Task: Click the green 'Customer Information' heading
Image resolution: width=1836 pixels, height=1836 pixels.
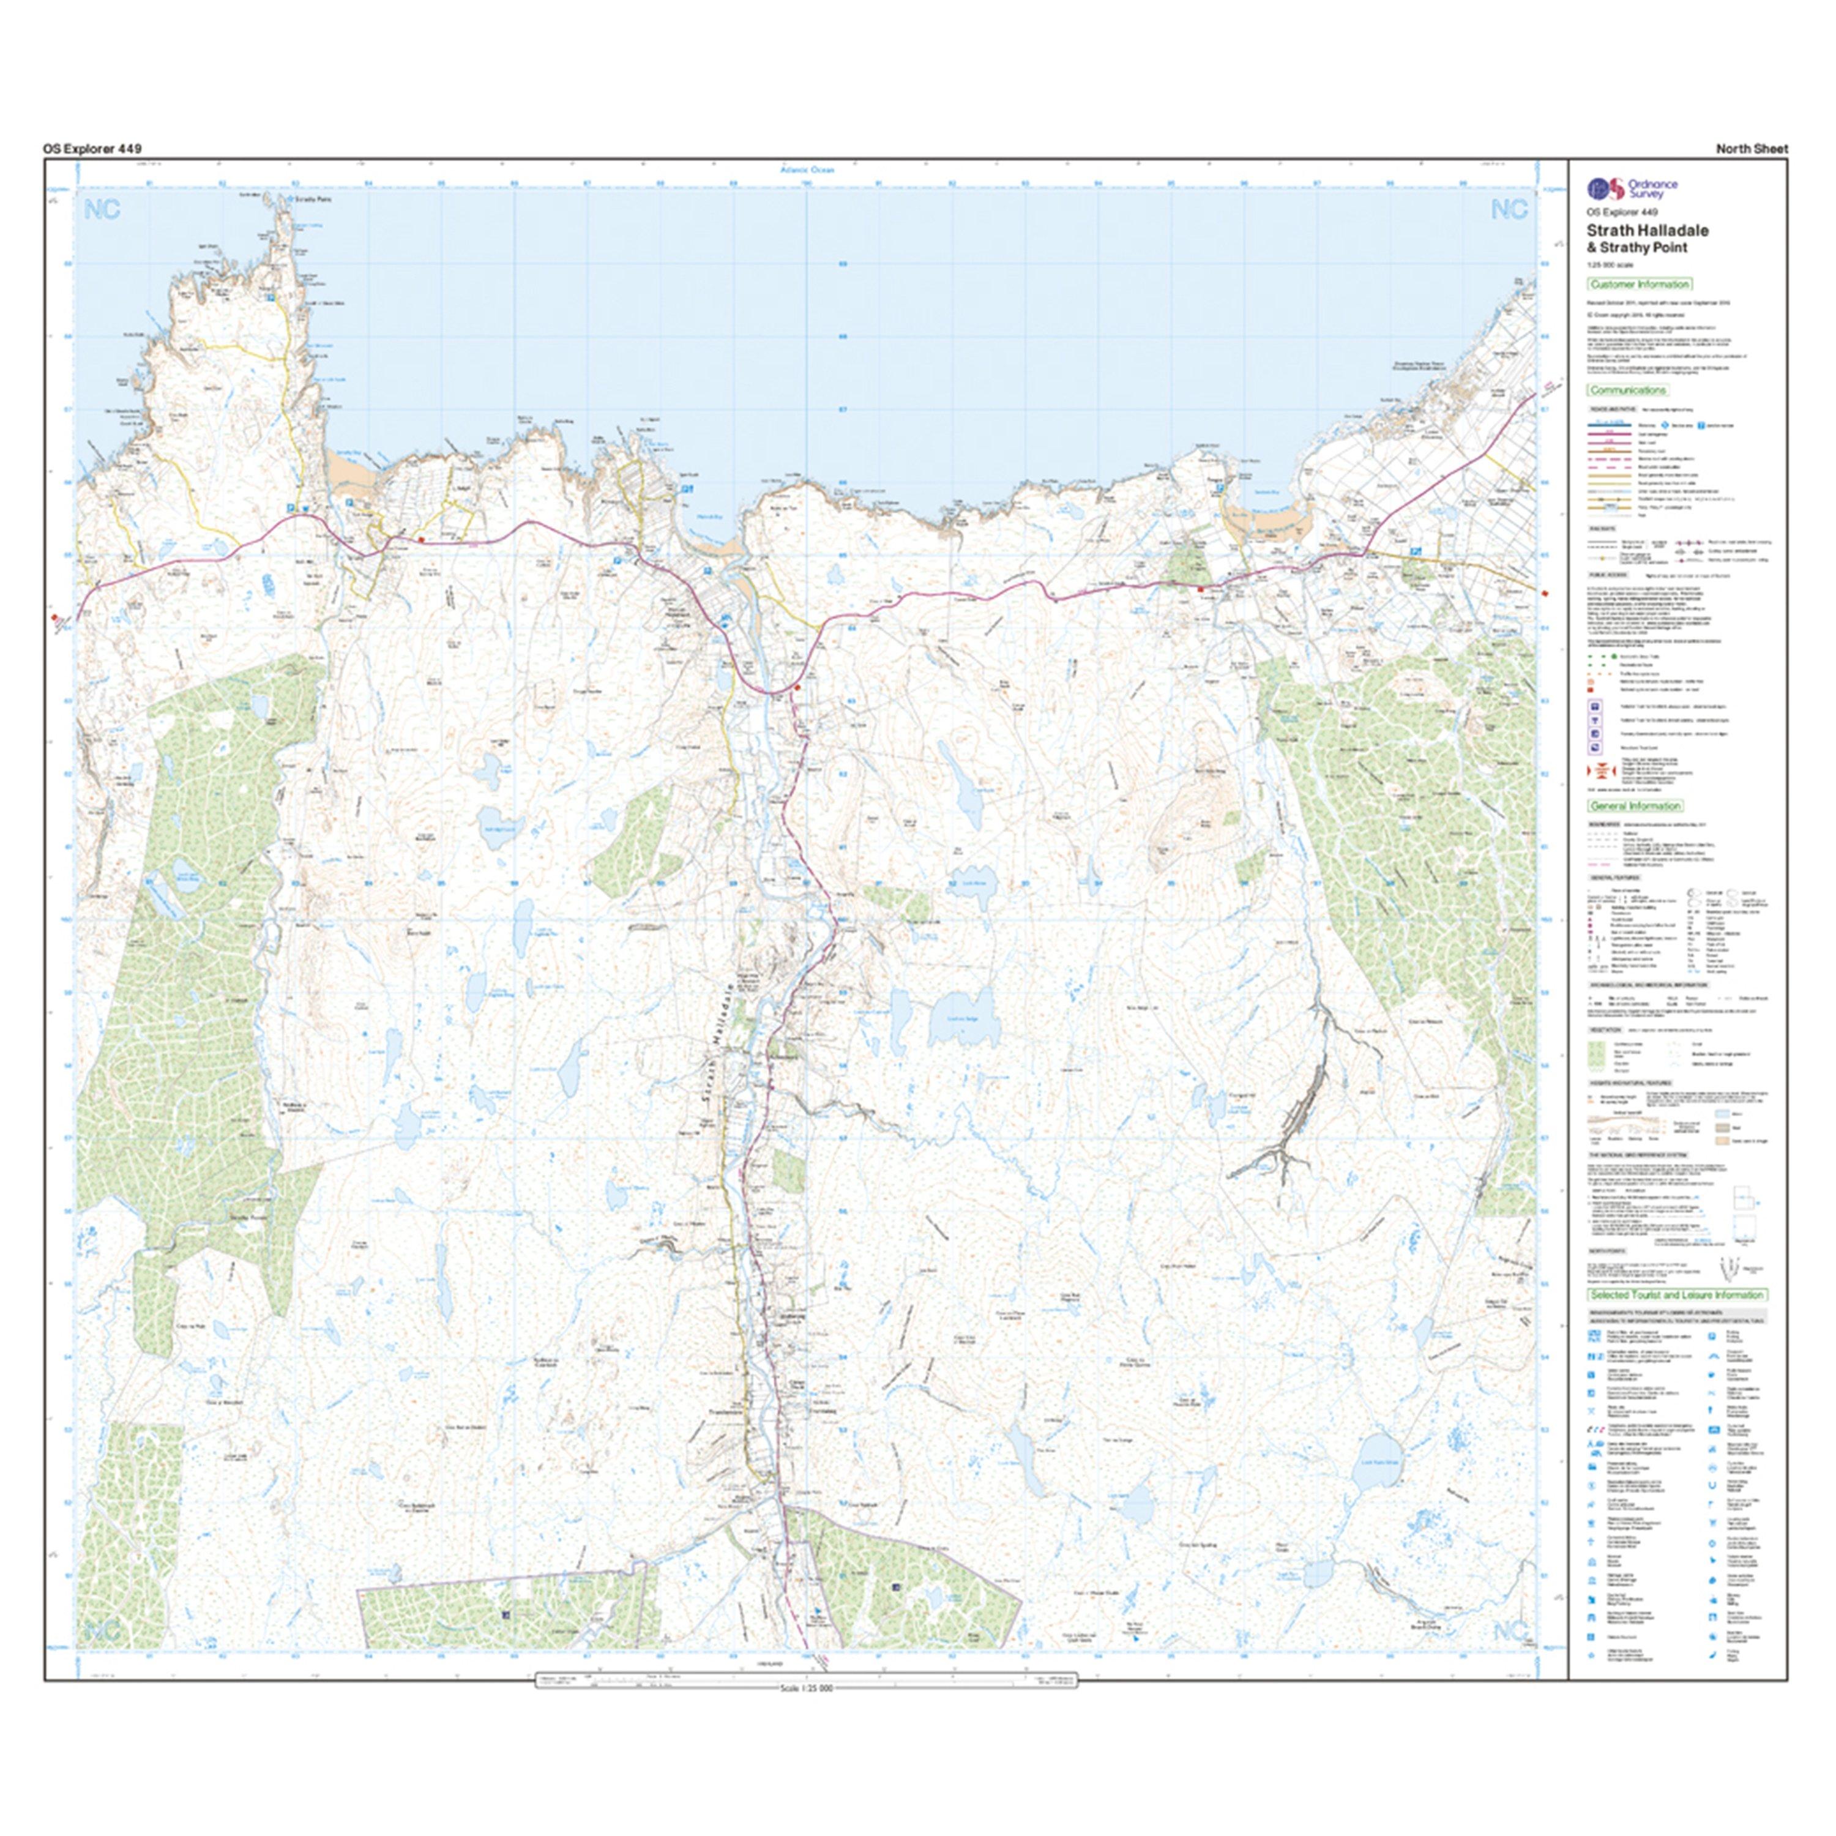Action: tap(1640, 284)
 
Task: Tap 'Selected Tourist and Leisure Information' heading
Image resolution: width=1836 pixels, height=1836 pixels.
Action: tap(1677, 1294)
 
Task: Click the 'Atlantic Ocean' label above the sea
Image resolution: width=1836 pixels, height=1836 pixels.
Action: tap(806, 169)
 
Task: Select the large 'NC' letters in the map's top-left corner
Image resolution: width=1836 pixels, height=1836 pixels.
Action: tap(102, 210)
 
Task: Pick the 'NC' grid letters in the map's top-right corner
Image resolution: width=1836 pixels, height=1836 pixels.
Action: tap(1509, 210)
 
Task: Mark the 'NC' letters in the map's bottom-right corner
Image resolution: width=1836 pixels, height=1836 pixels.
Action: tap(1509, 1631)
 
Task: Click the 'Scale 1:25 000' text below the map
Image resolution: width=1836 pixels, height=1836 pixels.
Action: tap(806, 1687)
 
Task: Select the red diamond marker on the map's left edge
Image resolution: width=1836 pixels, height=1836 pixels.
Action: tap(54, 618)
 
